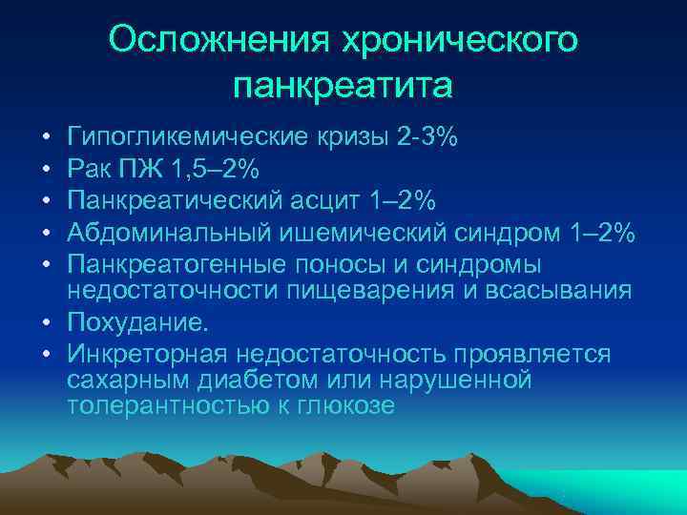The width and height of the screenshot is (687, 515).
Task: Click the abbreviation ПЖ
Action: click(138, 169)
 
